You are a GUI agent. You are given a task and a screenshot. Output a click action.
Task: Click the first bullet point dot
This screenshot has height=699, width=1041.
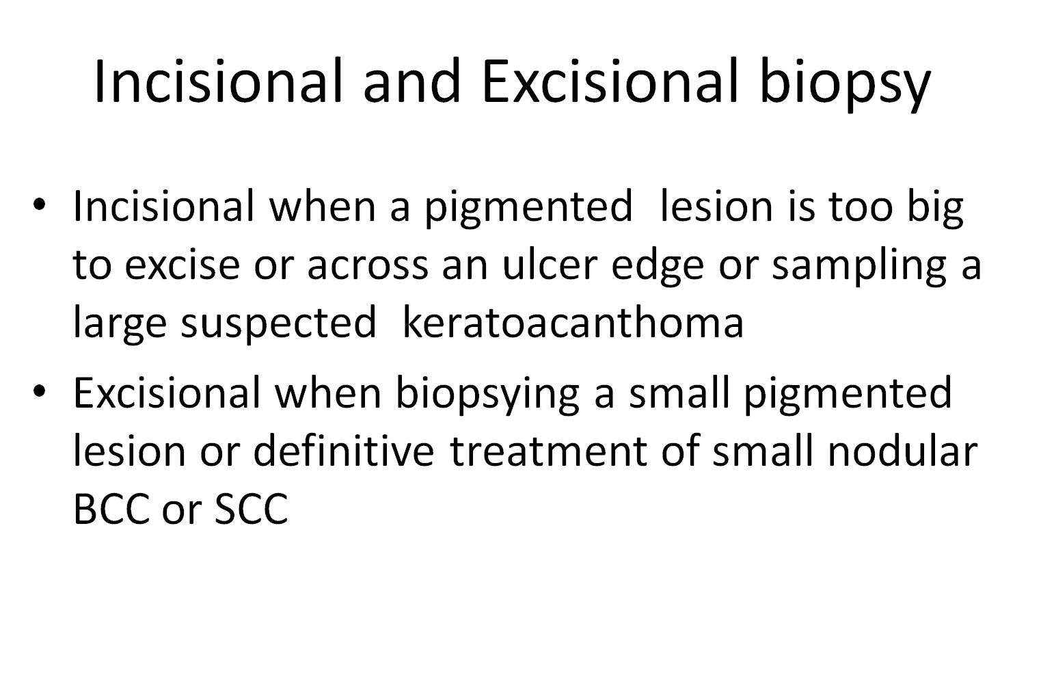(x=40, y=205)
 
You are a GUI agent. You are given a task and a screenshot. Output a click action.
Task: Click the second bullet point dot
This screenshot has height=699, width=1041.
(x=40, y=392)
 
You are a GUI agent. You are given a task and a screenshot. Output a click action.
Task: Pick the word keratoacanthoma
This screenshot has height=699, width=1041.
(x=572, y=322)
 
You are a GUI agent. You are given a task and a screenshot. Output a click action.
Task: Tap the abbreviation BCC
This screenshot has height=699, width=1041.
(x=109, y=509)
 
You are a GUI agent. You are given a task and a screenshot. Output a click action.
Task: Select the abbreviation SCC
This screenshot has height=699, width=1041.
(x=251, y=509)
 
